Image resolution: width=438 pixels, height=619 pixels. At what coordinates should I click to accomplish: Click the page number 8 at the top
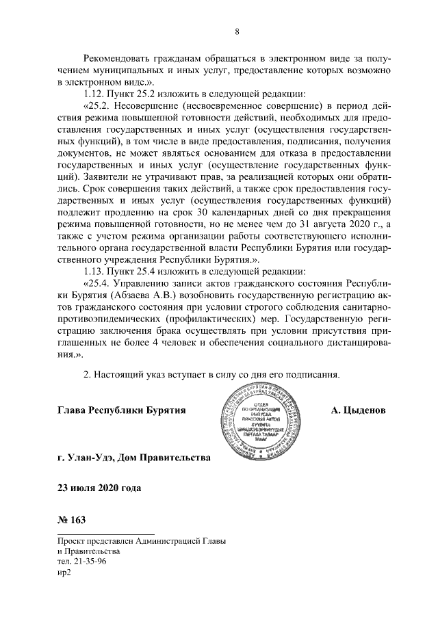tap(237, 31)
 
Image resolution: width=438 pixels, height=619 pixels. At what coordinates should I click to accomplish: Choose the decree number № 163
tap(72, 521)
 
